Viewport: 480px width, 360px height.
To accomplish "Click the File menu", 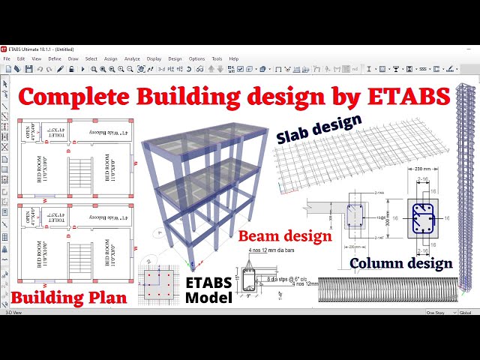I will [7, 58].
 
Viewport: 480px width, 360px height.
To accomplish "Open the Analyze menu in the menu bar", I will [132, 58].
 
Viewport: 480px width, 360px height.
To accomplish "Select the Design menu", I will [175, 58].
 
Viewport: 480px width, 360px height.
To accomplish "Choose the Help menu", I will [234, 58].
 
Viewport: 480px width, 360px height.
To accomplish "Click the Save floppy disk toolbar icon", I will [28, 69].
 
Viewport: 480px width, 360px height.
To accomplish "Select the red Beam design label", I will [285, 236].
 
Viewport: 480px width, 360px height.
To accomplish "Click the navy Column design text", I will [401, 262].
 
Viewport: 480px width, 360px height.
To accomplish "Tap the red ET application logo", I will [6, 49].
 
